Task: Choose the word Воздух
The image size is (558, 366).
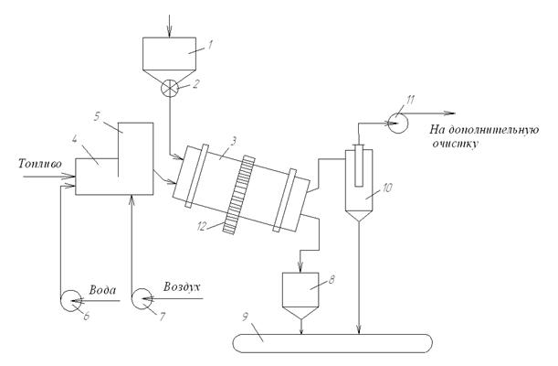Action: coord(181,287)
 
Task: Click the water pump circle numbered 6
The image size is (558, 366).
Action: coord(70,299)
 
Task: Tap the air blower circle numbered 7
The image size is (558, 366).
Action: coord(143,299)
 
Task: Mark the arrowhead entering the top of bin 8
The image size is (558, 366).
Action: coord(305,271)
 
